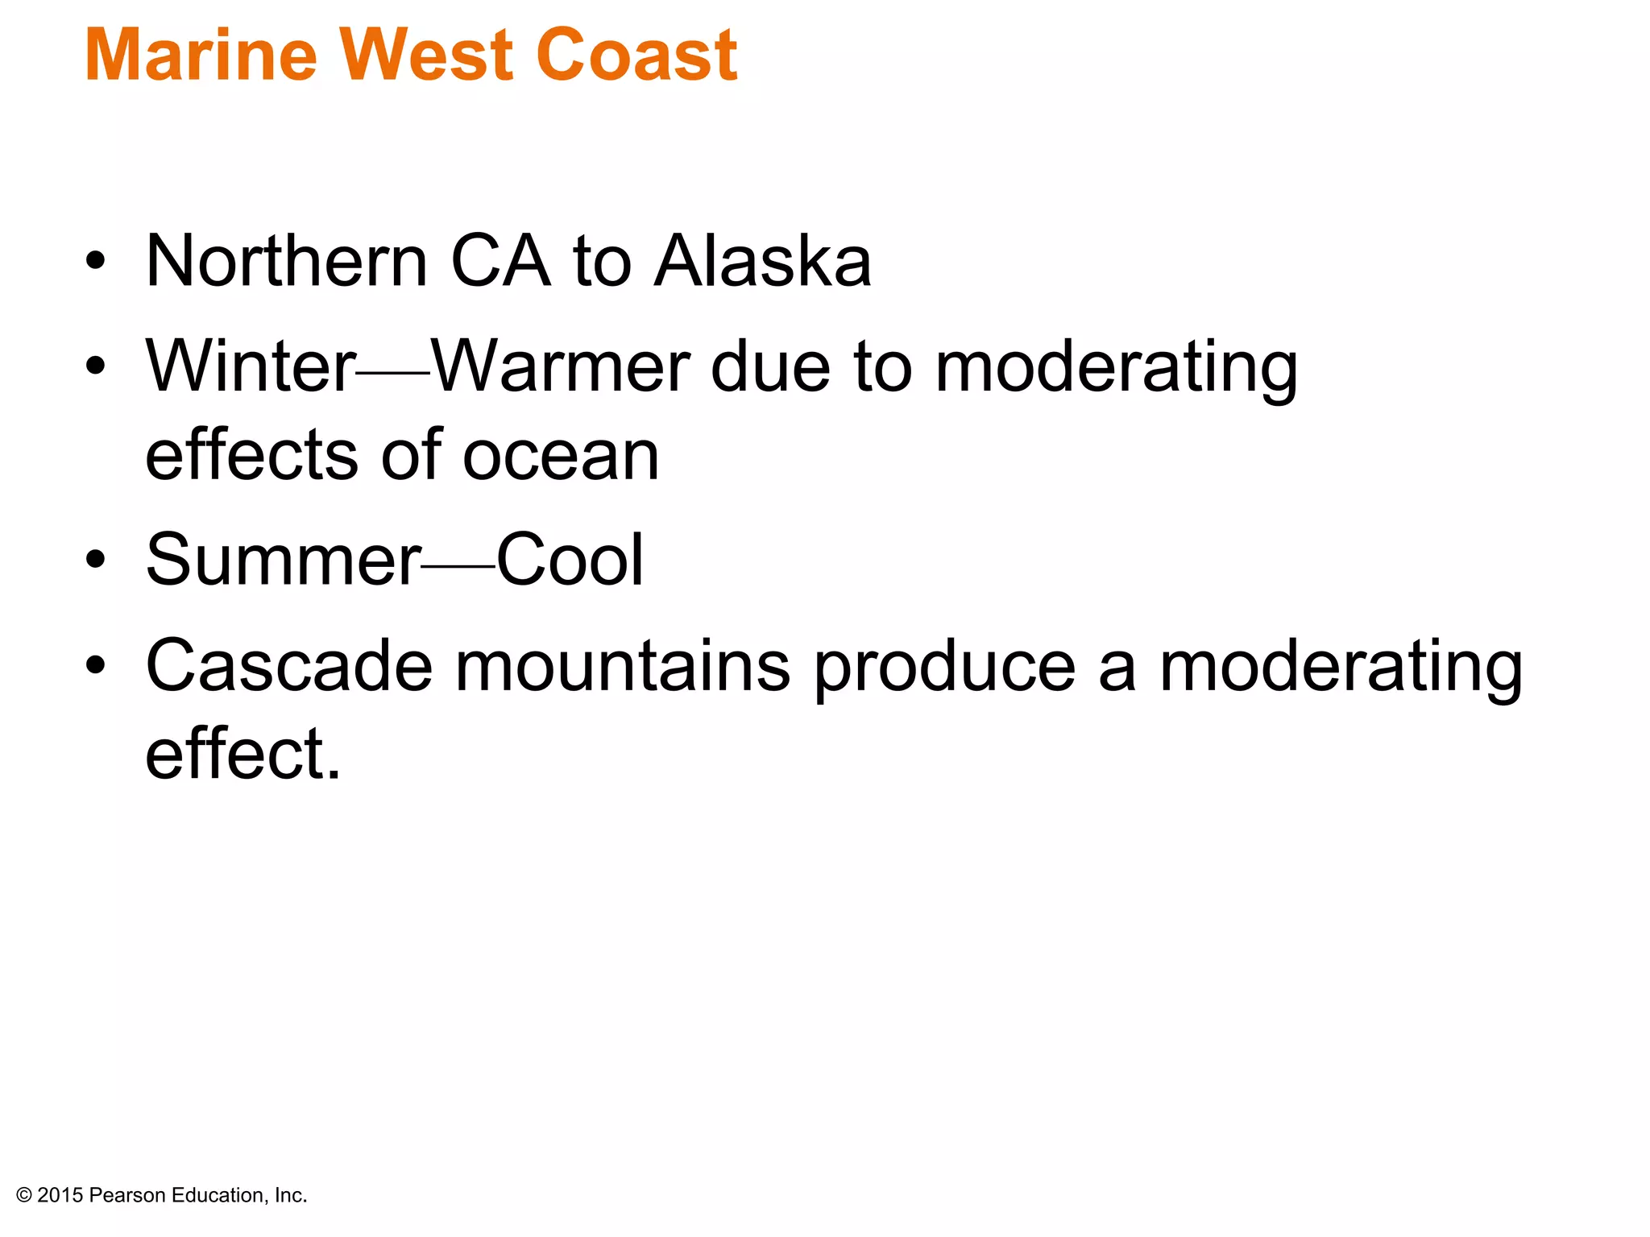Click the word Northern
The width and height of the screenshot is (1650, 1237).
coord(287,261)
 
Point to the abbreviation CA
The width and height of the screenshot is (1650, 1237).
coord(500,261)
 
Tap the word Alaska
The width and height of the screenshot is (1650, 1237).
coord(762,261)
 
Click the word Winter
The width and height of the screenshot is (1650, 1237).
coord(251,366)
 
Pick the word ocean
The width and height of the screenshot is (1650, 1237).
coord(561,456)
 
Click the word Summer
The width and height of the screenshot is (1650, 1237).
coord(283,560)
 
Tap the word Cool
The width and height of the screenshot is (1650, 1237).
coord(570,560)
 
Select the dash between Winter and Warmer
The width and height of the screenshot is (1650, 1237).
coord(393,373)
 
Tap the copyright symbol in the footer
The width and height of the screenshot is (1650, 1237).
coord(23,1196)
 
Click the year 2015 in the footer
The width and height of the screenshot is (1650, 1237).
coord(60,1196)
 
